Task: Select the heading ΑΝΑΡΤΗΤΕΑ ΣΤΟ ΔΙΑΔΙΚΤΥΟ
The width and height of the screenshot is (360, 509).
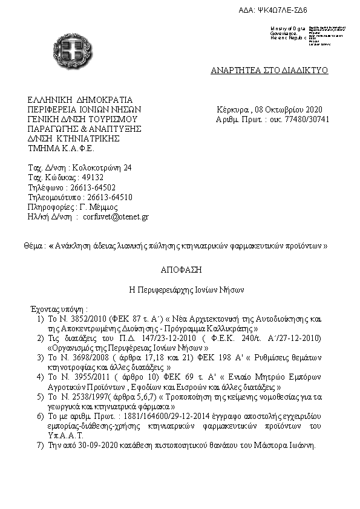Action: pos(269,70)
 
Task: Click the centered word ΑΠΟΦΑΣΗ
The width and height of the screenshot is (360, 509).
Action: pos(181,270)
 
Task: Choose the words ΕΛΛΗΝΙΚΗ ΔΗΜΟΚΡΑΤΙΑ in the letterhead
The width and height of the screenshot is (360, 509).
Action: pos(80,100)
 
